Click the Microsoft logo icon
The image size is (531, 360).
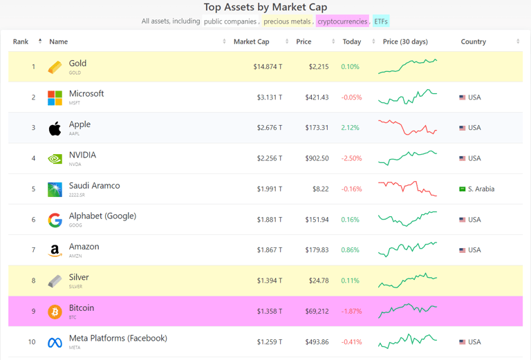(x=55, y=97)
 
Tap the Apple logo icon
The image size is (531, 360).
(x=55, y=128)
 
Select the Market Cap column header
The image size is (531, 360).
(x=251, y=41)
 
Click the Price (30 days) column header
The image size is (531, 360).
(x=405, y=41)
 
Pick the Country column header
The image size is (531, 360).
(x=474, y=41)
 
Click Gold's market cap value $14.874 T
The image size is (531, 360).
(x=268, y=67)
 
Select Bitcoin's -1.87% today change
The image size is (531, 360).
(x=351, y=311)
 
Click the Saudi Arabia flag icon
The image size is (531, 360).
(x=462, y=189)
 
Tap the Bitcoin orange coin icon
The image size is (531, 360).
(x=55, y=312)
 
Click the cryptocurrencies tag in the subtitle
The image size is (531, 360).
(x=342, y=21)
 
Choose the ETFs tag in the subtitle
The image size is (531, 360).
(x=381, y=21)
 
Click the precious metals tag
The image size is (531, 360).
(x=287, y=21)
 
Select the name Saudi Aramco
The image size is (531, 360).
(x=94, y=185)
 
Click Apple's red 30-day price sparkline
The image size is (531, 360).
(x=407, y=127)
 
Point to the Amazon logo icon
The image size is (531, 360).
(x=55, y=250)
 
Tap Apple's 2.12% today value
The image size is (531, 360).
(x=350, y=128)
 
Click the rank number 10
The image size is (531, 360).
(x=32, y=342)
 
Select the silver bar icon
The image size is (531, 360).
(x=55, y=281)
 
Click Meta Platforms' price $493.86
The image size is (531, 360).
(x=317, y=342)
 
